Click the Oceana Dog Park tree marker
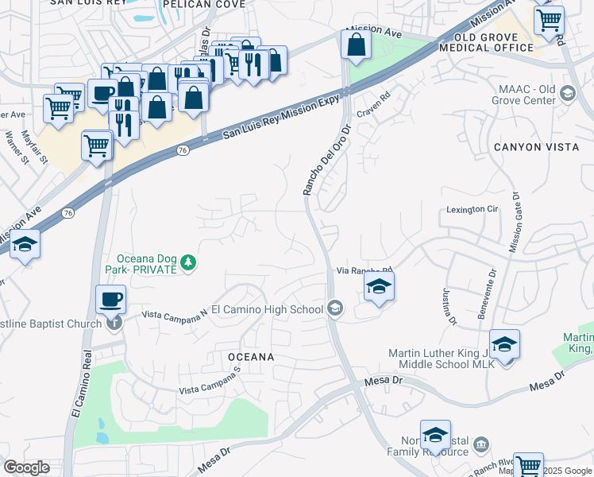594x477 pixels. pos(187,262)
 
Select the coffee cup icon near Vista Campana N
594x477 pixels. pos(110,301)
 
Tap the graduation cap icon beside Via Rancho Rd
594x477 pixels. pos(380,288)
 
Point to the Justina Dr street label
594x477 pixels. pos(450,306)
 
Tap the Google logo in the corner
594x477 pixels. pos(26,467)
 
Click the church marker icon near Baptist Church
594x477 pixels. pos(115,323)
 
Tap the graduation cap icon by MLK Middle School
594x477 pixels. pos(504,345)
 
